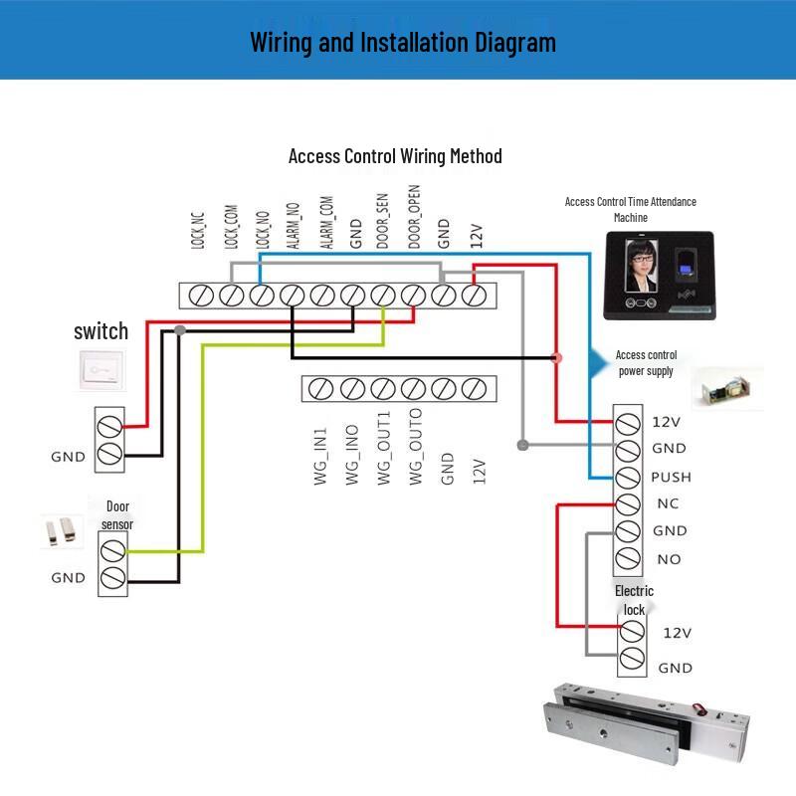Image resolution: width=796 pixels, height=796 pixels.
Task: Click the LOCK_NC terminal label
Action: (x=198, y=230)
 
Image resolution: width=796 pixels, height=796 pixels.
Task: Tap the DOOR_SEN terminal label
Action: (x=383, y=221)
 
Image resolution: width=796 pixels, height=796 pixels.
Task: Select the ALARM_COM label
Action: (x=326, y=222)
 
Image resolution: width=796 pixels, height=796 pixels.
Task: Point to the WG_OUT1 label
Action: (x=384, y=448)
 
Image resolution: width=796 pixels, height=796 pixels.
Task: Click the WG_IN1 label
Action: (x=320, y=456)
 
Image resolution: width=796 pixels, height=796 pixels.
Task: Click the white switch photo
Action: (x=102, y=369)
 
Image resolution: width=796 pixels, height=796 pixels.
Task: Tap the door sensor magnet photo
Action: (x=62, y=531)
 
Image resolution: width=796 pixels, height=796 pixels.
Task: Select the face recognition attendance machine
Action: (x=660, y=276)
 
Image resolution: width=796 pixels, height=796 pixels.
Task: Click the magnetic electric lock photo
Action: (x=646, y=723)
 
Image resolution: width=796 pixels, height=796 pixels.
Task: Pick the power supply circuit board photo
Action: (x=727, y=389)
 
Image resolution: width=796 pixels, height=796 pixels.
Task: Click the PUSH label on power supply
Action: (x=671, y=478)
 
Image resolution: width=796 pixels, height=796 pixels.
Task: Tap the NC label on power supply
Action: (x=668, y=503)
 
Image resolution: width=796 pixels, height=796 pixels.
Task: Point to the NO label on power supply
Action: (x=669, y=559)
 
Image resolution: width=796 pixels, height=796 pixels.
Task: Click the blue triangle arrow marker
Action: (x=599, y=363)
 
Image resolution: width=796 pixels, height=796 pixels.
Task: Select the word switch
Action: (x=101, y=331)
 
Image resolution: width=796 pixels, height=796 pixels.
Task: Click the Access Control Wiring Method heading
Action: (x=395, y=156)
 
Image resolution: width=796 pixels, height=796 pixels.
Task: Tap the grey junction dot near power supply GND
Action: (x=522, y=445)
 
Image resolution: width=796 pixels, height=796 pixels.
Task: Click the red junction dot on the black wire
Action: (x=556, y=358)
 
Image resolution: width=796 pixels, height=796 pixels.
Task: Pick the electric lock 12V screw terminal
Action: (x=632, y=631)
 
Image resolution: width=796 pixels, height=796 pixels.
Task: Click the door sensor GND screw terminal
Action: (x=112, y=579)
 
